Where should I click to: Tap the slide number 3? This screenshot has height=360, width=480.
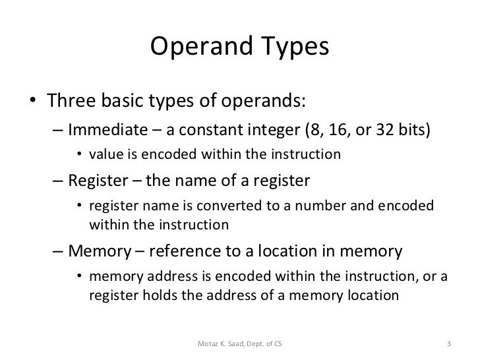click(x=448, y=344)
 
